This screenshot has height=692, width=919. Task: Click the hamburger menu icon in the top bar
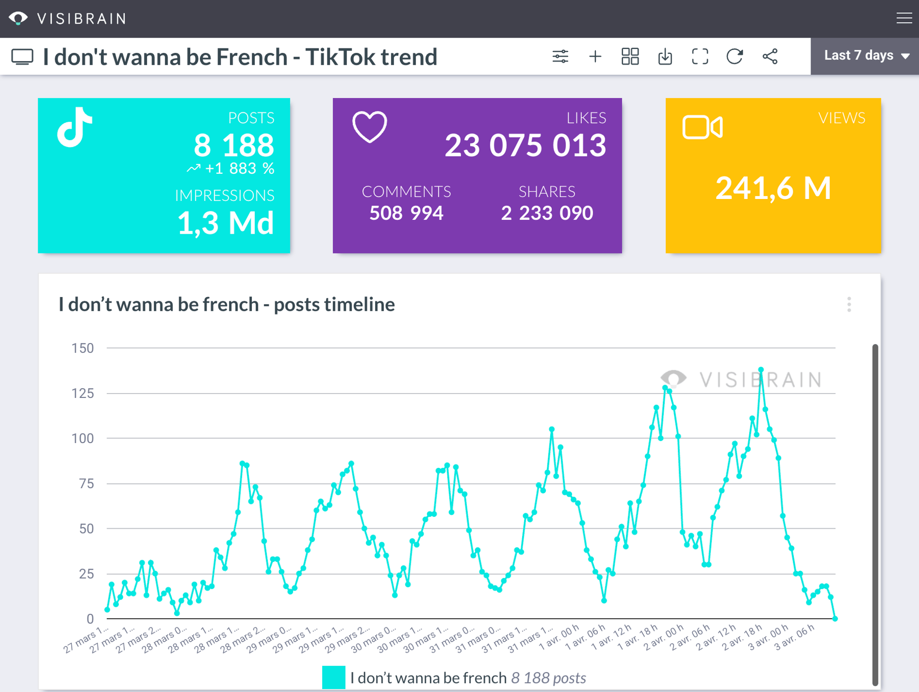coord(904,18)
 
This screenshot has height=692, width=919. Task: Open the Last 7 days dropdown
coord(866,56)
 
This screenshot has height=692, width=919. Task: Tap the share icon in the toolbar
coord(770,56)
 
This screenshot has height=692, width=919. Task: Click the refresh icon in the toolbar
coord(734,56)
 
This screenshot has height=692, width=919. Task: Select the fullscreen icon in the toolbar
coord(700,56)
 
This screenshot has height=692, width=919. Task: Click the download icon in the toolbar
coord(665,56)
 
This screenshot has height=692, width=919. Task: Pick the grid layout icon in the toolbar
coord(630,56)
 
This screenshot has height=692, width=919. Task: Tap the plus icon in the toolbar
coord(595,56)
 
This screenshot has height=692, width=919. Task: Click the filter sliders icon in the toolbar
coord(560,56)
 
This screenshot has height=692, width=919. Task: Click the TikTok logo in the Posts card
coord(75,127)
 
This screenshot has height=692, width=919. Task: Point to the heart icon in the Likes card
coord(370,127)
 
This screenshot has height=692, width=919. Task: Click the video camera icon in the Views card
coord(702,127)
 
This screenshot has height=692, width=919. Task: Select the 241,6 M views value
coord(773,188)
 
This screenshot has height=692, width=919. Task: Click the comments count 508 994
coord(406,213)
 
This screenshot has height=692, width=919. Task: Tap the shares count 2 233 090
coord(547,213)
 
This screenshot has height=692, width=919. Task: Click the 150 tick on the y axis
coord(83,348)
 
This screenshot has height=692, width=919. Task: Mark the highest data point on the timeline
coord(761,370)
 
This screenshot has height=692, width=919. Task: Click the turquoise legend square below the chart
coord(334,677)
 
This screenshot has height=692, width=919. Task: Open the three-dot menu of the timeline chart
coord(849,304)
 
